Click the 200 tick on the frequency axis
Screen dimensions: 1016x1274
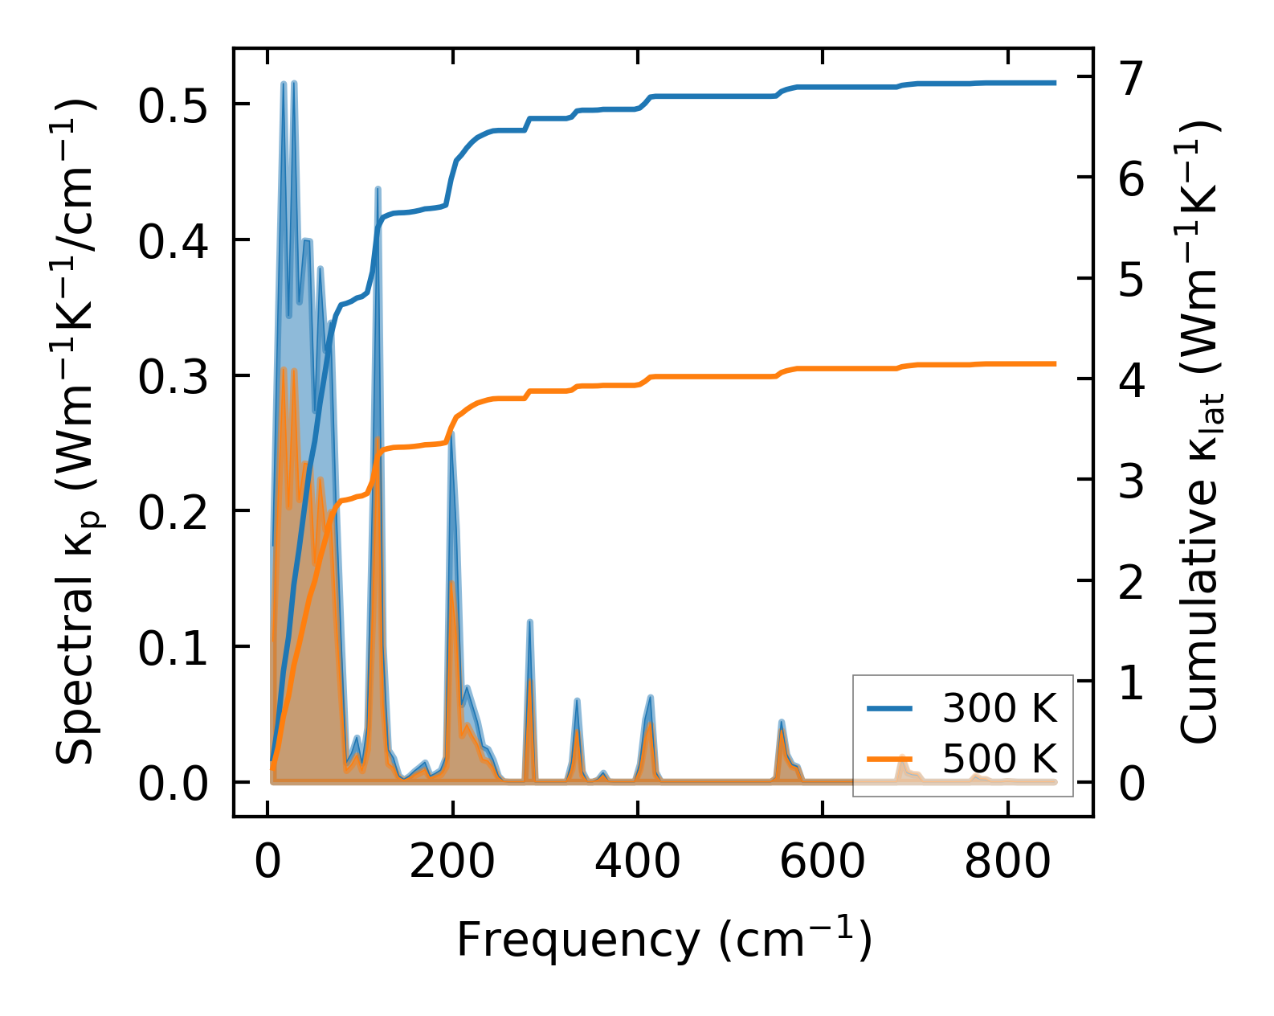coord(452,863)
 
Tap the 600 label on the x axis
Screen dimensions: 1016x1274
coord(822,863)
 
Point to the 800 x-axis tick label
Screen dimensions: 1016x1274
coord(1007,863)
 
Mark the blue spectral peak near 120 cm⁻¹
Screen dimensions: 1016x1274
coord(378,189)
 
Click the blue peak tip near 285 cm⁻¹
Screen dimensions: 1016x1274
coord(529,621)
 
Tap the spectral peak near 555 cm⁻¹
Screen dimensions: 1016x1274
coord(781,722)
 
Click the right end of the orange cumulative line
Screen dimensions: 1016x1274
coord(1055,363)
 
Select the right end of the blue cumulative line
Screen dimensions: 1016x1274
coord(1055,83)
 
